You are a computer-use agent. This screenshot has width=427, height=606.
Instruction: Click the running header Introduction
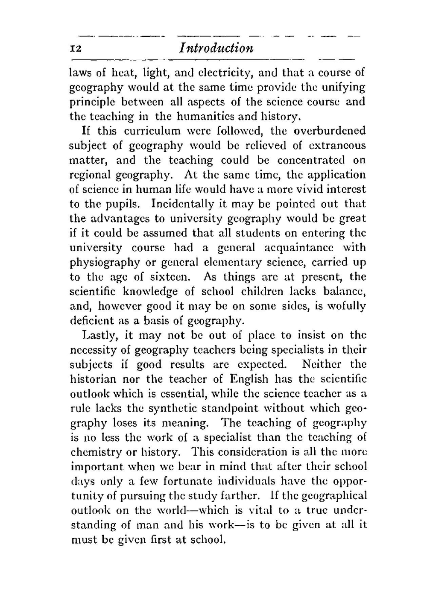pos(216,48)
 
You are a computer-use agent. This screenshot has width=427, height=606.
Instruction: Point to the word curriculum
pos(149,131)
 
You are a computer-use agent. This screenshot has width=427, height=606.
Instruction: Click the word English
pos(249,379)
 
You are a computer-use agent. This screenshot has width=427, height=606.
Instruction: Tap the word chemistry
pos(95,452)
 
